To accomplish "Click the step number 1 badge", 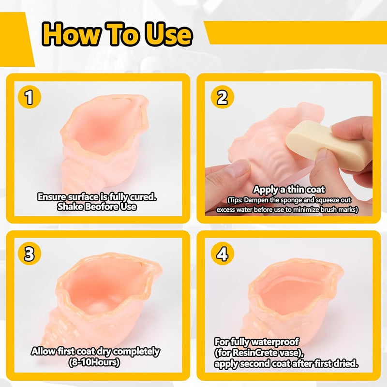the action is tap(30, 97).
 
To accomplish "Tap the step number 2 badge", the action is tap(223, 97).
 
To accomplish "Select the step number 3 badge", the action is tap(30, 253).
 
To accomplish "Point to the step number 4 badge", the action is tap(223, 253).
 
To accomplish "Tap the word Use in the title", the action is tap(168, 34).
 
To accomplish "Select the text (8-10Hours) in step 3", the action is tap(94, 362).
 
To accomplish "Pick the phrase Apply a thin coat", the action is tap(289, 190).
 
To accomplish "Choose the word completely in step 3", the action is tap(136, 352).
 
